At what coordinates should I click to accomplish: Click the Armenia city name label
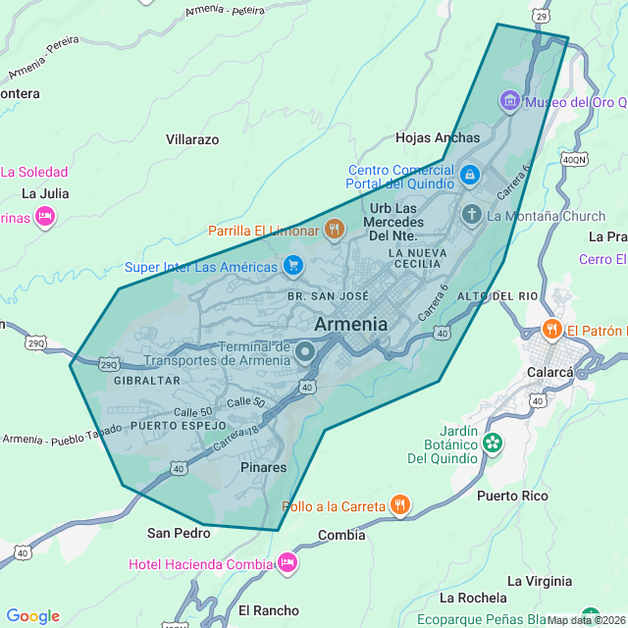(350, 324)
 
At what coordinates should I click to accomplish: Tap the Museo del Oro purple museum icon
(509, 101)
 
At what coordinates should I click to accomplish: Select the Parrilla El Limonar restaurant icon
(335, 231)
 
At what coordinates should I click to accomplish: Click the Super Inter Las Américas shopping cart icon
(292, 266)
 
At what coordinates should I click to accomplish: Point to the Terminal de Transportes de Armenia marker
(305, 351)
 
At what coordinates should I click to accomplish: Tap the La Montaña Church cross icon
(472, 215)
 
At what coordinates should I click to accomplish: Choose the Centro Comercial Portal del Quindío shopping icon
(470, 176)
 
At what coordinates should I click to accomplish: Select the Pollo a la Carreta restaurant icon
(400, 506)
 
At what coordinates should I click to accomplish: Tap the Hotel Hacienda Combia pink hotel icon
(287, 563)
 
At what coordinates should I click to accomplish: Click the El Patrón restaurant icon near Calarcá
(552, 330)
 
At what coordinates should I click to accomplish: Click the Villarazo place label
(192, 139)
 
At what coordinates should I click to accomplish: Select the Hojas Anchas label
(438, 137)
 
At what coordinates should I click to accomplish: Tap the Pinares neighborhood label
(263, 467)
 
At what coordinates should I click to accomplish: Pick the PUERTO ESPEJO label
(178, 427)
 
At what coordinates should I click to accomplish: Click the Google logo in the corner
(33, 616)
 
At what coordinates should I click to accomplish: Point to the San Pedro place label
(179, 533)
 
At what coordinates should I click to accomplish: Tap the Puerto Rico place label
(512, 496)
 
